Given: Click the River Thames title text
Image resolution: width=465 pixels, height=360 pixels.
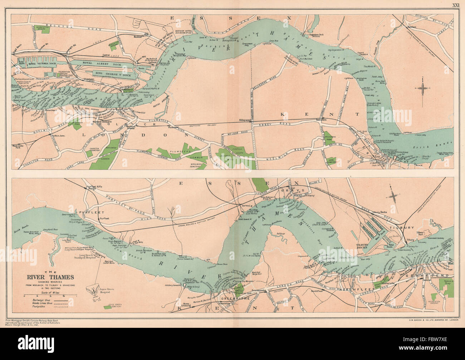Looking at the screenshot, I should pos(49,277).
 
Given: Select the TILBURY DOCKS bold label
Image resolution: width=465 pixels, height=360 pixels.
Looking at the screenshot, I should pos(365,245).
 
